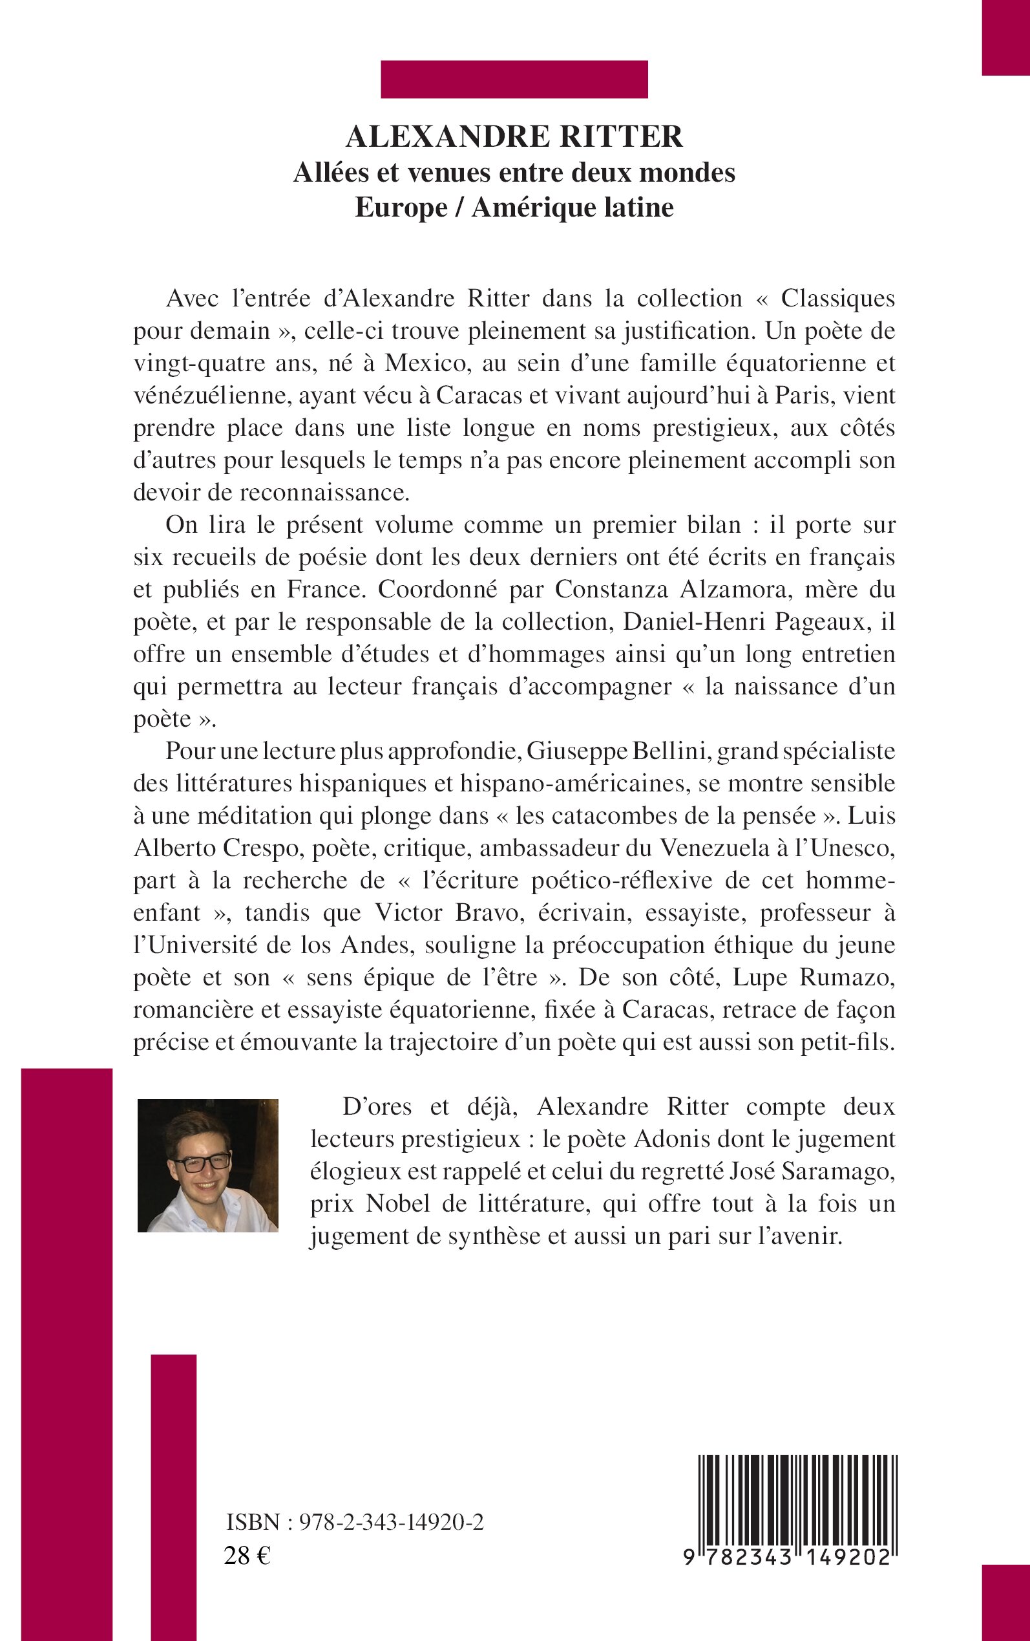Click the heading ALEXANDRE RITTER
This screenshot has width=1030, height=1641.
tap(514, 136)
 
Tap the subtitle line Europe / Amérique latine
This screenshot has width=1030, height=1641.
tap(514, 207)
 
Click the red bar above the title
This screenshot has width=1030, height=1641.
tap(514, 79)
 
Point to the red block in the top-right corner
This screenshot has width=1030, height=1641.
tap(1005, 38)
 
